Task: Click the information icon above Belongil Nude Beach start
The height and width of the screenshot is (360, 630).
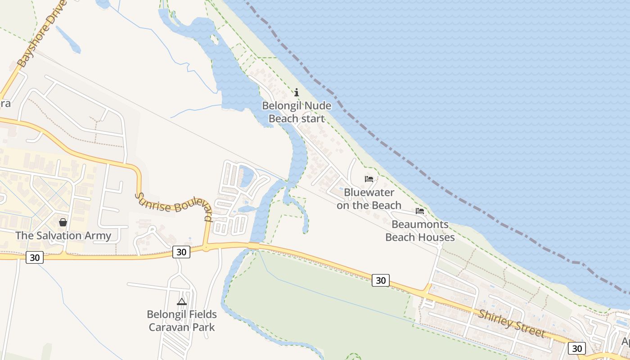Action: (297, 93)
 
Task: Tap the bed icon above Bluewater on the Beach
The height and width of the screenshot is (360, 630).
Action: (369, 179)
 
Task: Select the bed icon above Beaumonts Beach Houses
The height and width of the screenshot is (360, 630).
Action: (420, 211)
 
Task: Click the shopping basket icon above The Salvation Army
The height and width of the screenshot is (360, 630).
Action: (63, 222)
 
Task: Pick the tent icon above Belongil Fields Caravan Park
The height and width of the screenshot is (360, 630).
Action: (182, 301)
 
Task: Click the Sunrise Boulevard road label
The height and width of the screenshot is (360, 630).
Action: (174, 206)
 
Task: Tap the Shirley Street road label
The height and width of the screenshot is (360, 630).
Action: (512, 324)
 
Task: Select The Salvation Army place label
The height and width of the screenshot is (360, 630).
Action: (63, 235)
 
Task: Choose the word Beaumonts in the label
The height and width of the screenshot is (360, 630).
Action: (420, 224)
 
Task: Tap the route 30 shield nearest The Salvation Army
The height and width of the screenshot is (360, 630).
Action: (35, 257)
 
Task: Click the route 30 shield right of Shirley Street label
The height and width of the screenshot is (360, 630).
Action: (576, 348)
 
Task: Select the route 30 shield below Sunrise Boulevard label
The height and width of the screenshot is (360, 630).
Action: (181, 252)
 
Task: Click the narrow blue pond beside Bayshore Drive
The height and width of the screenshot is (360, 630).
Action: (67, 39)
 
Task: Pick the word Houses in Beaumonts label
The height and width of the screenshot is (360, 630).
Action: (437, 237)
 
